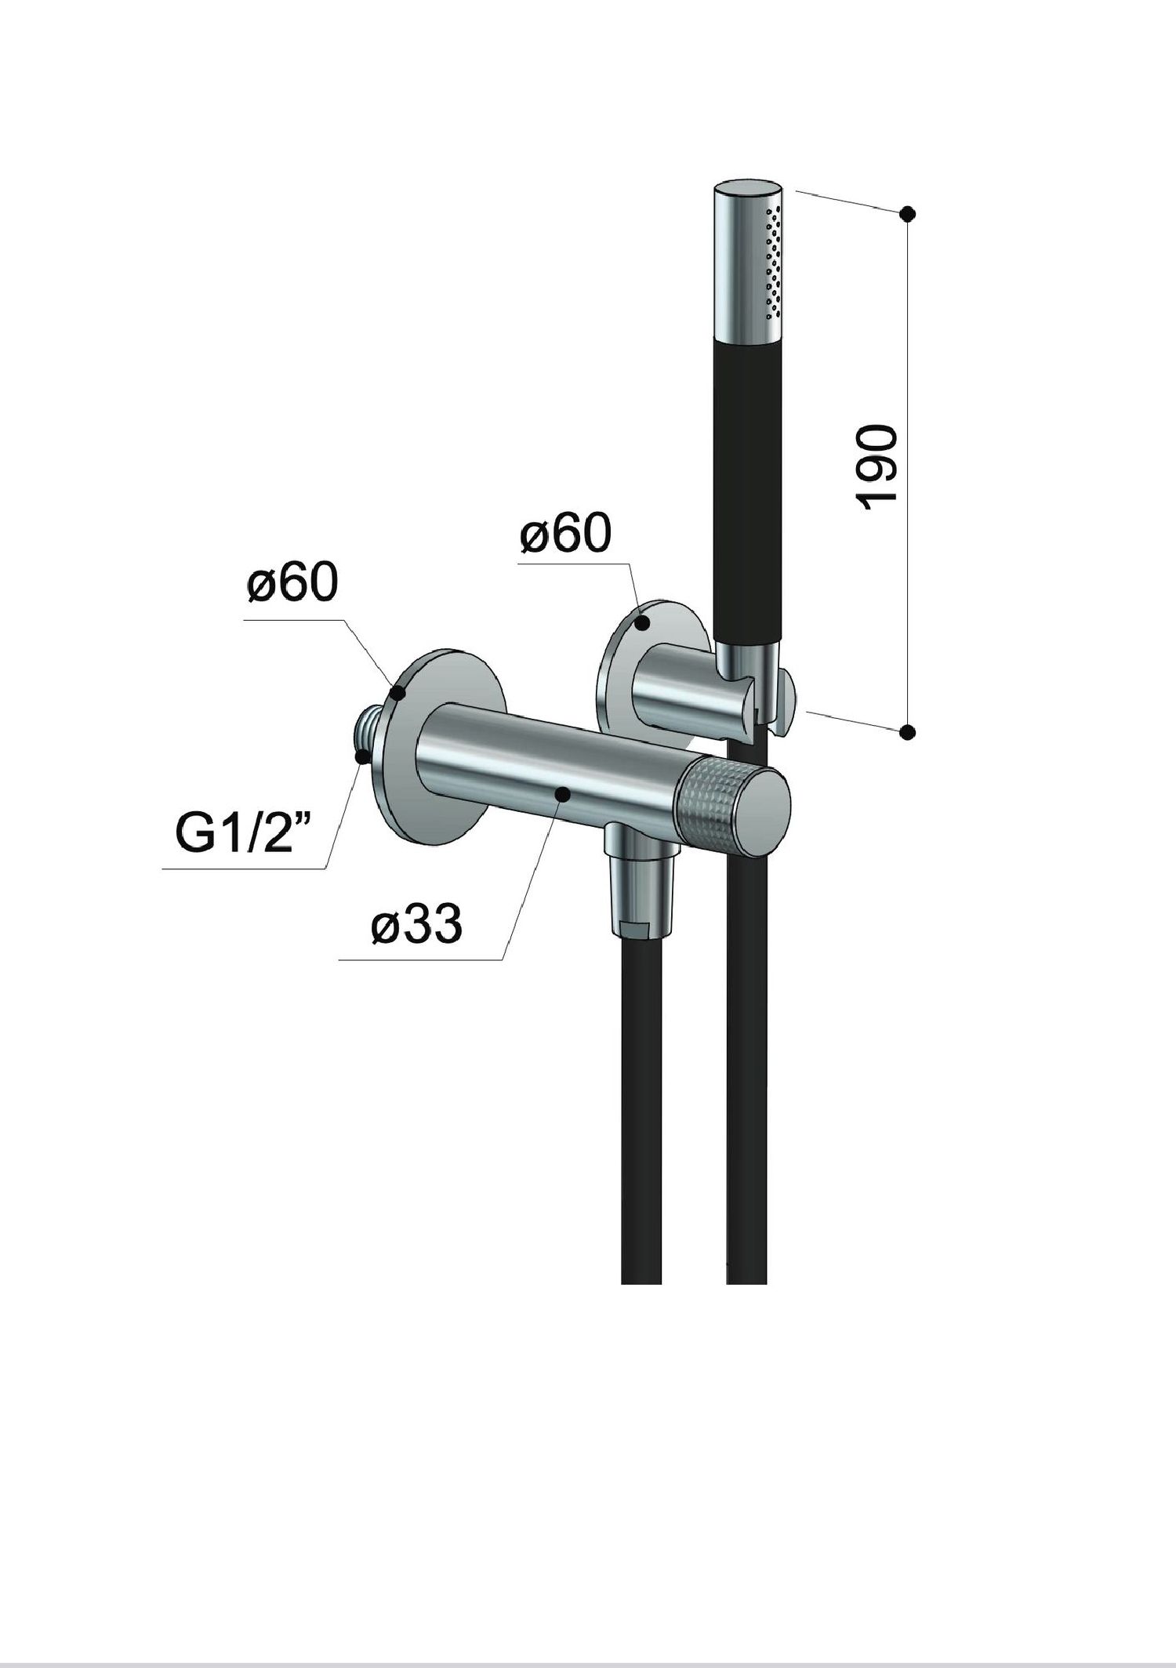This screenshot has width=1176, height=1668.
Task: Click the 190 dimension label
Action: click(x=877, y=469)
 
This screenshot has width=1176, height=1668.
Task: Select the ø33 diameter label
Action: click(x=416, y=927)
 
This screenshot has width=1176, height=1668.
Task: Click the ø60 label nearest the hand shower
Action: click(x=564, y=535)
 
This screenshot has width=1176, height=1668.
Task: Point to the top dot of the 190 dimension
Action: click(x=908, y=212)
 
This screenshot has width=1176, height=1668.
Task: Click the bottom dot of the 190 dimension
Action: click(x=908, y=732)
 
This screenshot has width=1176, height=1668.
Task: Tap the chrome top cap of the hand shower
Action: click(x=749, y=196)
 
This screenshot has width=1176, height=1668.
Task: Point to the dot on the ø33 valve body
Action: click(x=562, y=794)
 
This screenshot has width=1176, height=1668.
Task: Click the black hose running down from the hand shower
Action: click(x=746, y=1097)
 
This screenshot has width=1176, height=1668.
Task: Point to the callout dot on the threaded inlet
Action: click(x=361, y=756)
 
